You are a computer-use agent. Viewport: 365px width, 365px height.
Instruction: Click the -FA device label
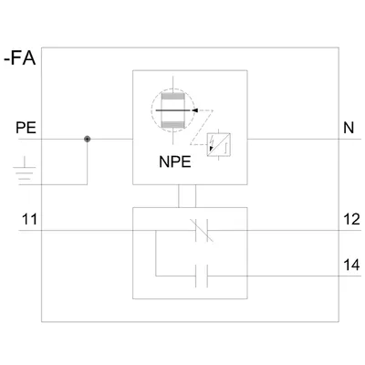coord(20,58)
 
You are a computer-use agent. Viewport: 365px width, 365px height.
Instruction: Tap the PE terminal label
coord(26,128)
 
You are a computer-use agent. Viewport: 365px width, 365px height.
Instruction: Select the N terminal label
coord(349,128)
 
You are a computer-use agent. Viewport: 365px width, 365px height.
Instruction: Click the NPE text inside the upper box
coord(175,162)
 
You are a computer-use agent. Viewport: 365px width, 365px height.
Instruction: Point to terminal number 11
coord(29,219)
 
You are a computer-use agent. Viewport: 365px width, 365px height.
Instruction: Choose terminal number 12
coord(351,219)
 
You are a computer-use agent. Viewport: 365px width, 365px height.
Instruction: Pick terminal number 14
coord(351,265)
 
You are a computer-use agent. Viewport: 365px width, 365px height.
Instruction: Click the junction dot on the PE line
coord(88,140)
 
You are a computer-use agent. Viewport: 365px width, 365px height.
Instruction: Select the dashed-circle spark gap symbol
coord(172,110)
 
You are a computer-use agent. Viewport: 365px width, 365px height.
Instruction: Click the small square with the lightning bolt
coord(219,145)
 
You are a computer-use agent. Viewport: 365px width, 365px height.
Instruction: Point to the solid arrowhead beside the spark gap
coord(195,110)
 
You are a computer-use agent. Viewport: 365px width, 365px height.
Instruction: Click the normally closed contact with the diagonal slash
coord(202,230)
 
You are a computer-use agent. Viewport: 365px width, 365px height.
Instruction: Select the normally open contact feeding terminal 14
coord(202,276)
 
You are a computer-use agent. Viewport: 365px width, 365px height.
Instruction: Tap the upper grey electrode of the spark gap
coord(172,97)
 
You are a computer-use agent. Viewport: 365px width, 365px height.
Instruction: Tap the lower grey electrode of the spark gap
coord(172,124)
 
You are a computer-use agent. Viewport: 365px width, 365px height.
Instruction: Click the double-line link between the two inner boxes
coord(187,196)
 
